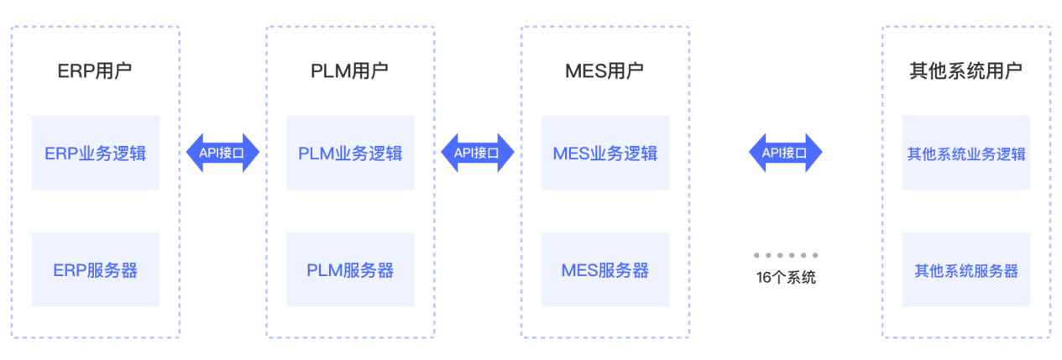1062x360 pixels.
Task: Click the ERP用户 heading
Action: click(95, 70)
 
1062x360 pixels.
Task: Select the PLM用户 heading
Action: click(349, 70)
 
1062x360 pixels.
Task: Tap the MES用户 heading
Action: click(604, 70)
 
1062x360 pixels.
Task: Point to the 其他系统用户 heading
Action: click(965, 70)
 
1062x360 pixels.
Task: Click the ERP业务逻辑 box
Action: click(95, 154)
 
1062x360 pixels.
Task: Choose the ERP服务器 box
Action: click(95, 270)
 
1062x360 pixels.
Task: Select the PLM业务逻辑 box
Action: click(349, 154)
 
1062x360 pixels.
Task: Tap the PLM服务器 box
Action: click(349, 270)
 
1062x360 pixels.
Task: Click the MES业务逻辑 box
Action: click(604, 154)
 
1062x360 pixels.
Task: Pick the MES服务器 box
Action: click(604, 270)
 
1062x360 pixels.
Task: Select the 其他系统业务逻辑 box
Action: click(965, 154)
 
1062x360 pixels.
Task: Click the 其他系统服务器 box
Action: click(965, 270)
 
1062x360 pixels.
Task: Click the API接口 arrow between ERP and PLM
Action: click(222, 153)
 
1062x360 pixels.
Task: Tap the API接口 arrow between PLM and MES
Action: click(477, 153)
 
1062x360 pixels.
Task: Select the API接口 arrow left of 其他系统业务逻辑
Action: click(785, 153)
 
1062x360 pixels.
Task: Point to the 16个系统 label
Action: click(786, 278)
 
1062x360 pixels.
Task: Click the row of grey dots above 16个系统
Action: click(786, 255)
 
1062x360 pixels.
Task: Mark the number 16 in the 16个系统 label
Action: click(764, 278)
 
